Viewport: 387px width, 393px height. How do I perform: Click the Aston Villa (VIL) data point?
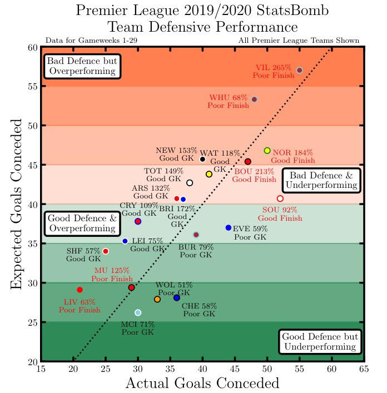[x=300, y=70]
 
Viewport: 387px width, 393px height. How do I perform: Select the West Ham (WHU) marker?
[x=254, y=99]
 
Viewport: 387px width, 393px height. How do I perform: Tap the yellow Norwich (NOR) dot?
[x=267, y=151]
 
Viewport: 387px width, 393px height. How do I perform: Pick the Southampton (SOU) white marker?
[x=280, y=198]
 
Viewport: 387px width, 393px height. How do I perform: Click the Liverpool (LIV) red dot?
[x=80, y=290]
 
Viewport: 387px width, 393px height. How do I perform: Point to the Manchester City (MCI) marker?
[x=138, y=312]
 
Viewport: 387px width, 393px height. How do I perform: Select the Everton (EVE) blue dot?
[x=229, y=227]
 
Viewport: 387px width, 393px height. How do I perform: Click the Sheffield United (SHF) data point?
[x=106, y=251]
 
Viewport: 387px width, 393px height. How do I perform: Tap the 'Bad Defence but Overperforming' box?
[x=82, y=66]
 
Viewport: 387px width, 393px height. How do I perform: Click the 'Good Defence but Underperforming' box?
[x=319, y=342]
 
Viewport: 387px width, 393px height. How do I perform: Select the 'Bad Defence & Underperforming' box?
[x=321, y=181]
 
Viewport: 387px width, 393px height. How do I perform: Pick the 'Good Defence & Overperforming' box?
[x=82, y=223]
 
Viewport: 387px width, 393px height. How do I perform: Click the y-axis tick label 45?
[x=31, y=165]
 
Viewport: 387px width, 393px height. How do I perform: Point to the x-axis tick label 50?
[x=267, y=368]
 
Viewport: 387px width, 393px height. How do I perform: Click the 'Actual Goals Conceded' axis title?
[x=202, y=384]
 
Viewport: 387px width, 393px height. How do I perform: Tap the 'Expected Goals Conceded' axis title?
[x=17, y=204]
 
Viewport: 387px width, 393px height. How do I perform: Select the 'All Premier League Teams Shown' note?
[x=299, y=41]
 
